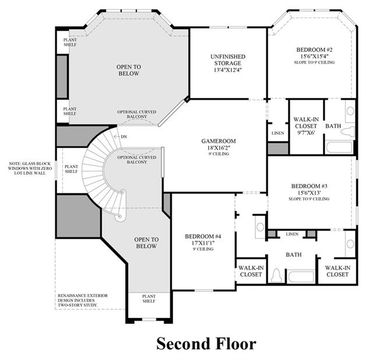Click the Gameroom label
(x=219, y=141)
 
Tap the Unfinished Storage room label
(x=228, y=60)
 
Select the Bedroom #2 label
(x=314, y=50)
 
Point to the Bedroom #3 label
(x=309, y=186)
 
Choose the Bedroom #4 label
(x=203, y=237)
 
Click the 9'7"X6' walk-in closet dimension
(x=306, y=133)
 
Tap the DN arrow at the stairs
(x=117, y=136)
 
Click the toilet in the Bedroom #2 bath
(x=348, y=131)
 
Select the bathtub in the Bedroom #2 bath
(x=339, y=147)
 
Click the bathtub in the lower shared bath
(x=301, y=276)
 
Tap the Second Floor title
(x=206, y=344)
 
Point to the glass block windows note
(x=30, y=168)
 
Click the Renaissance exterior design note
(x=83, y=301)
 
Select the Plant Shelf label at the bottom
(x=149, y=299)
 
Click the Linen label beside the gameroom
(x=278, y=133)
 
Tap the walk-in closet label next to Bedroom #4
(x=251, y=271)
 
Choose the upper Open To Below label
(x=129, y=70)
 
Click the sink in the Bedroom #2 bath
(x=350, y=111)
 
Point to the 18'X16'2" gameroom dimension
(x=219, y=147)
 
